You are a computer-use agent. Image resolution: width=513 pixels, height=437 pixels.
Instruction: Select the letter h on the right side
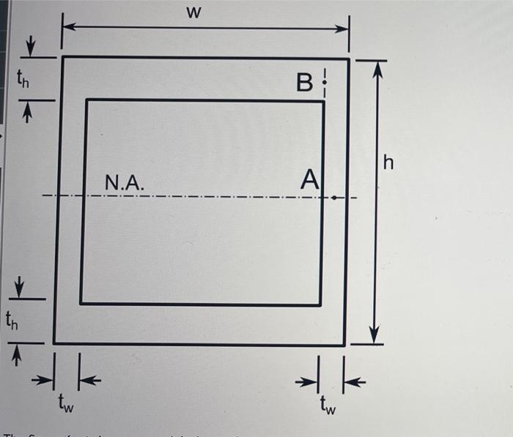388,164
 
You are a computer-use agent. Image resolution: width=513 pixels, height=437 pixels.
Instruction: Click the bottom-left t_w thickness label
67,403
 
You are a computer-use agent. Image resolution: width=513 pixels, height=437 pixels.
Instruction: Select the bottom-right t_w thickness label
327,405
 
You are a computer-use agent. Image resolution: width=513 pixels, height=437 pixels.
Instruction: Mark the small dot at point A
333,197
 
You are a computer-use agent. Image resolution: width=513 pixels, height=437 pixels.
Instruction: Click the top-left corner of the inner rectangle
86,100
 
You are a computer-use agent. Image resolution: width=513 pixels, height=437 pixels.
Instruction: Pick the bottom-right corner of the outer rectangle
345,344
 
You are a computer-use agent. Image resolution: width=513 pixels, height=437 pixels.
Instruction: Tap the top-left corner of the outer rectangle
62,56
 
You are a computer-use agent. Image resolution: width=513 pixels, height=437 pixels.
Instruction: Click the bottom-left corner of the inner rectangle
81,303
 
